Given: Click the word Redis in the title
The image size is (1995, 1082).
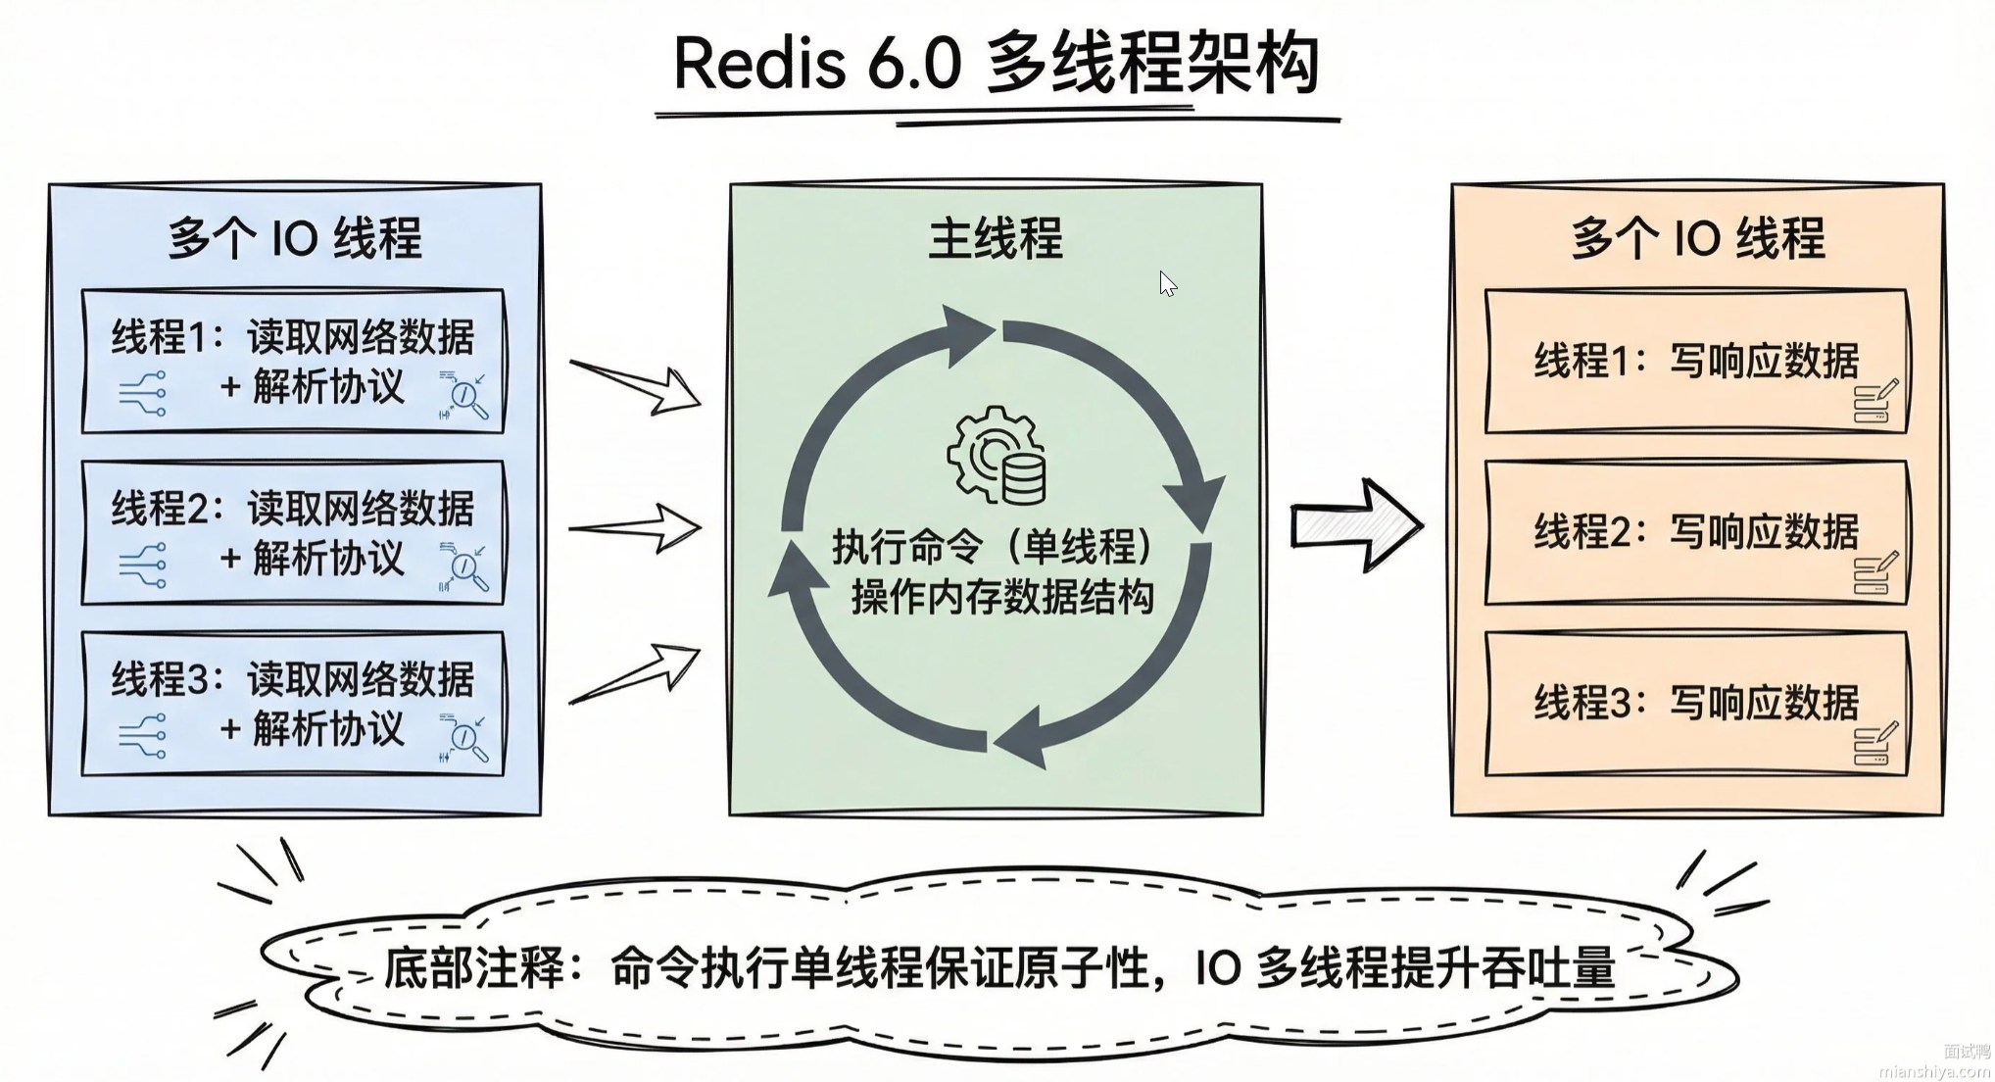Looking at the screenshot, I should click(759, 64).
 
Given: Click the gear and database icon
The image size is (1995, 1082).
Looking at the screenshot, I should click(997, 458).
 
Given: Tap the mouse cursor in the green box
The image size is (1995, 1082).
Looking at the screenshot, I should click(1167, 284).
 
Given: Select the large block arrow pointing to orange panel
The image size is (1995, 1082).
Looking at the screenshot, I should click(1355, 525).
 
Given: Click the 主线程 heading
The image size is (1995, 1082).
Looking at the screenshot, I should click(996, 239).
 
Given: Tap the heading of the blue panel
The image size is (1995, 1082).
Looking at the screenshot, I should click(294, 239).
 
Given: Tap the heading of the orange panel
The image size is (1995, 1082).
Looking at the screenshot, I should click(1697, 239).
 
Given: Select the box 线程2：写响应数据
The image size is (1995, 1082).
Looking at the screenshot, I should click(1696, 532).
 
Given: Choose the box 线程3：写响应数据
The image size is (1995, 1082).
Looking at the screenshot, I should click(1696, 703).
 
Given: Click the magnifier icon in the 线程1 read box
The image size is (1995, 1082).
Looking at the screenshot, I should click(464, 396).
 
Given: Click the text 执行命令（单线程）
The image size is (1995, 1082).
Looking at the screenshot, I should click(996, 547).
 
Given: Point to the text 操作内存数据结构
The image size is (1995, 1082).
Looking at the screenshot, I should click(1001, 597).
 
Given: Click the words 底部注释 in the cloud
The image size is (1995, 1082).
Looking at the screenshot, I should click(473, 968).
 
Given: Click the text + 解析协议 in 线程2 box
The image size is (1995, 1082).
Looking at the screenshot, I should click(313, 559).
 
